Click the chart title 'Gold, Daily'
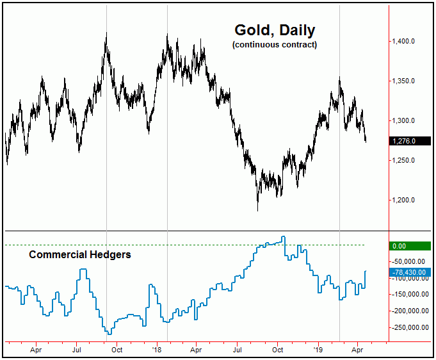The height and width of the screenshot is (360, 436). click(274, 31)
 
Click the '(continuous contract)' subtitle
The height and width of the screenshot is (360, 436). click(274, 45)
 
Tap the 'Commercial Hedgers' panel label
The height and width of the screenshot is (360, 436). click(80, 254)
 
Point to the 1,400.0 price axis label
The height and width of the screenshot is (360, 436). click(407, 42)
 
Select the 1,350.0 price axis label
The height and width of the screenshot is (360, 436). click(407, 81)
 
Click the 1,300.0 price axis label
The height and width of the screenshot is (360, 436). click(407, 121)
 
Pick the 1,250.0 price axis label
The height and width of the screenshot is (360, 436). click(407, 161)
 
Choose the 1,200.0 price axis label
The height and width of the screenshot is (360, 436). click(407, 200)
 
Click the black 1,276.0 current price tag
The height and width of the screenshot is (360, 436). click(410, 141)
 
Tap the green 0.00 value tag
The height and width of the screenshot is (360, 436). click(410, 245)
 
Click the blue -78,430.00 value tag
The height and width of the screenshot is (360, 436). click(410, 272)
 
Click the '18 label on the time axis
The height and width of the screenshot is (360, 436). click(157, 350)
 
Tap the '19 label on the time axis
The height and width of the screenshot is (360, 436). click(319, 350)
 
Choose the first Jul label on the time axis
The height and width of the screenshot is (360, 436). click(76, 350)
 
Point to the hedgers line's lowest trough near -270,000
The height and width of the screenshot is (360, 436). click(109, 334)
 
